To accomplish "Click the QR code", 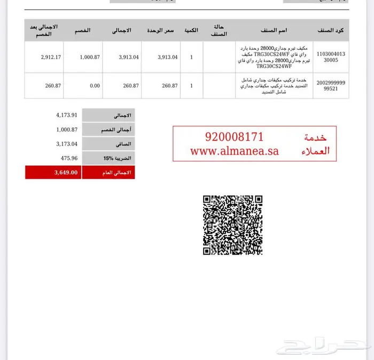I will [x=232, y=225].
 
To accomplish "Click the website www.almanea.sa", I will [x=235, y=151].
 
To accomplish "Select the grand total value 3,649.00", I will [x=66, y=172].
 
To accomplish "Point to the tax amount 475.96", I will [x=67, y=158].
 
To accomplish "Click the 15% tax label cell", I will [x=108, y=158].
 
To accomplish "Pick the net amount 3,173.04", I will [x=67, y=144].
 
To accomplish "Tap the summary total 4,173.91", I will [x=67, y=115].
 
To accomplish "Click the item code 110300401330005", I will [x=331, y=57].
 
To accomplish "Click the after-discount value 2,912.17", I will [x=51, y=57].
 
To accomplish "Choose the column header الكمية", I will [x=191, y=30].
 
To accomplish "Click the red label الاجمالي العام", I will [x=108, y=172].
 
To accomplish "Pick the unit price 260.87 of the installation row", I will [x=169, y=86].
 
